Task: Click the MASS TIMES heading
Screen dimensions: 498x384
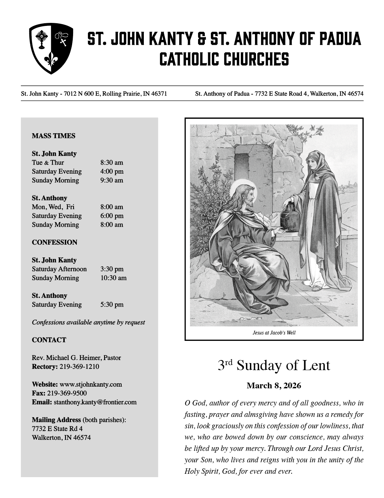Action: point(54,136)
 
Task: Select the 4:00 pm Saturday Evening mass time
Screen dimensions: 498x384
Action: point(112,171)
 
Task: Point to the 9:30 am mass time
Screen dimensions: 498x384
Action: point(112,180)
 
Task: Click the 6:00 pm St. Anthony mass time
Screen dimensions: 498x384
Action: point(112,216)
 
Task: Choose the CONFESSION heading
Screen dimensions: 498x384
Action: point(55,242)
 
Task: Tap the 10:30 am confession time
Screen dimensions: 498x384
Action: point(114,278)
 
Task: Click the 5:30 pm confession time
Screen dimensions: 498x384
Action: point(112,305)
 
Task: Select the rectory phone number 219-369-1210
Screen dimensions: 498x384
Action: point(79,366)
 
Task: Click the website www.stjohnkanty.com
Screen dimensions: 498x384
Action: point(91,384)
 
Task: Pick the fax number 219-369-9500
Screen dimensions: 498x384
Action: point(67,393)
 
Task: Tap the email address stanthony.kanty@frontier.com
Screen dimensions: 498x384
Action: point(95,402)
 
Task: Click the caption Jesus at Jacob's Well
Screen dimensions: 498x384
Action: point(274,333)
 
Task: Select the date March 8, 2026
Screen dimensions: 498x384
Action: point(274,386)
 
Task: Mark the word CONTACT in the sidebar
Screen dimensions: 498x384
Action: point(49,340)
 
